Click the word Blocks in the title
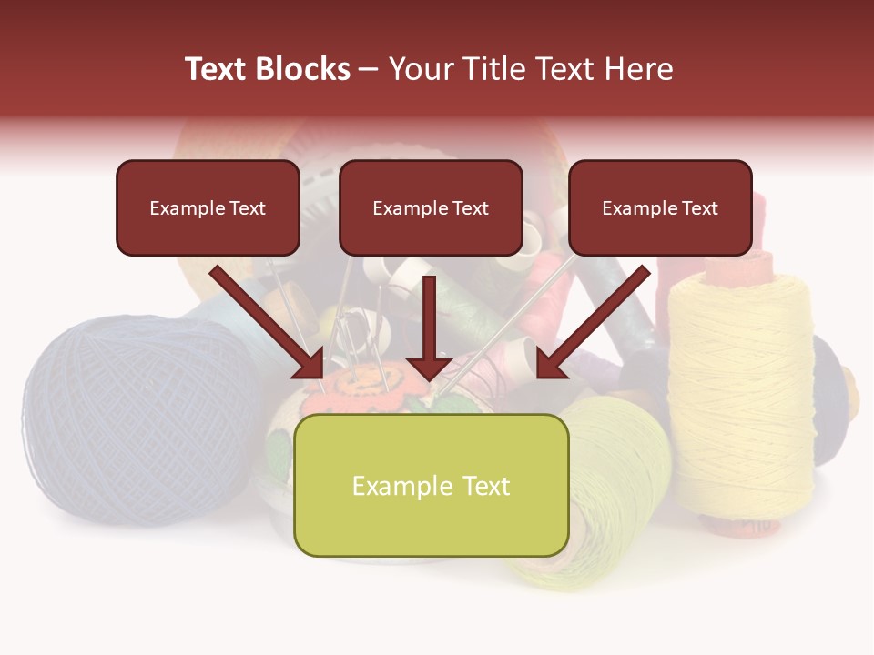point(304,69)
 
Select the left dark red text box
point(208,207)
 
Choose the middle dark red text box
point(431,207)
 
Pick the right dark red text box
point(660,207)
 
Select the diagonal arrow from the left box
point(269,323)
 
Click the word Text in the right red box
point(700,208)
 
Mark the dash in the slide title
point(369,69)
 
